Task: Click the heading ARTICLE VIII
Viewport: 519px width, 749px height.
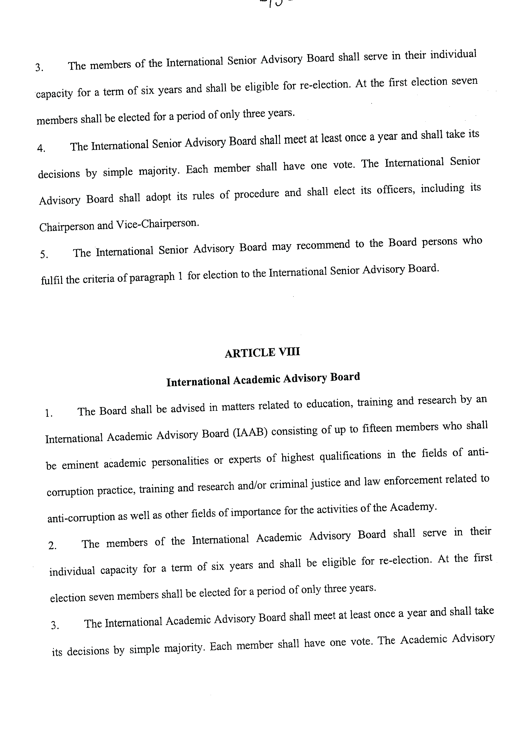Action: (x=262, y=353)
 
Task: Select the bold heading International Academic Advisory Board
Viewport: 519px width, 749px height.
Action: (x=263, y=379)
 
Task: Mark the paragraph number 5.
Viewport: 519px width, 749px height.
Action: (x=44, y=254)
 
